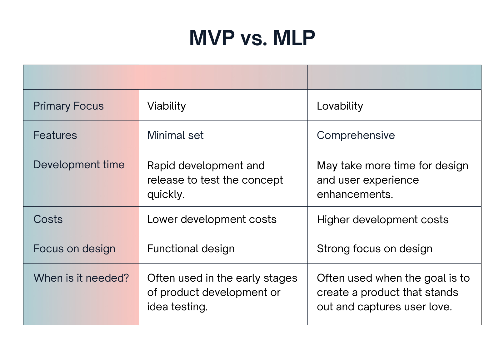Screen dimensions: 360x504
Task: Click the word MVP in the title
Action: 212,38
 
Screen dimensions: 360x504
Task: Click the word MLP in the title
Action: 294,38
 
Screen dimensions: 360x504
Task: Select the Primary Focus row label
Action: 68,106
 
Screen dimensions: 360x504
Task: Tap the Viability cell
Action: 166,106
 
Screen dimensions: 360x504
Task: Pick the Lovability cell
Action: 340,106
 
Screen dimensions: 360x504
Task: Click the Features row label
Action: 55,136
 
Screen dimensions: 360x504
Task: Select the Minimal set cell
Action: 175,136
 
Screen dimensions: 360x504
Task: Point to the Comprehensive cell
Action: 356,136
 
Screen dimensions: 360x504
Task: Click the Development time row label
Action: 79,165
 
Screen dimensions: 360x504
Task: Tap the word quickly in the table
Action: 165,195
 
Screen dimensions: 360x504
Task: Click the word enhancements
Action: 354,195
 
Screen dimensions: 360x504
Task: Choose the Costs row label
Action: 48,219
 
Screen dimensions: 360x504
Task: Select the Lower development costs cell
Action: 212,219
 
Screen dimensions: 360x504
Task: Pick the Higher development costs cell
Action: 382,220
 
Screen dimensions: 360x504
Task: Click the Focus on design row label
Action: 74,249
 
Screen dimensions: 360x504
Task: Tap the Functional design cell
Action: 191,249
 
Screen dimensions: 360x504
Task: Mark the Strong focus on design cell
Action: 374,249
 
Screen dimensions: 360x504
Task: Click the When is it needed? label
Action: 81,278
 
